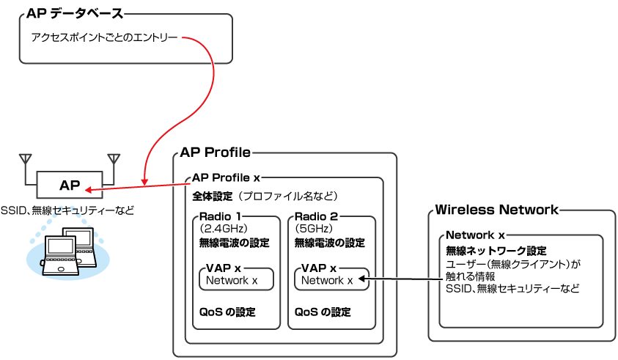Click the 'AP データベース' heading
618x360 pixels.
coord(74,13)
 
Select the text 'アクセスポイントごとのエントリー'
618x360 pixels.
coord(104,36)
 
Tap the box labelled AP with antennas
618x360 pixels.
coord(70,185)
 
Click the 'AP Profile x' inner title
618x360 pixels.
coord(226,178)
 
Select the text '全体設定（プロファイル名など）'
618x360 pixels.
coord(265,196)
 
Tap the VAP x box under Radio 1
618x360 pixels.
coord(236,278)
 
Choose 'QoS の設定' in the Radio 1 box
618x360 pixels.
coord(227,312)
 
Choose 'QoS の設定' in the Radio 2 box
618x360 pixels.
coord(323,312)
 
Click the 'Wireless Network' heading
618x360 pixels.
coord(496,210)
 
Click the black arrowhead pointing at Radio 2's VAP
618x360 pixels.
coord(363,279)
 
